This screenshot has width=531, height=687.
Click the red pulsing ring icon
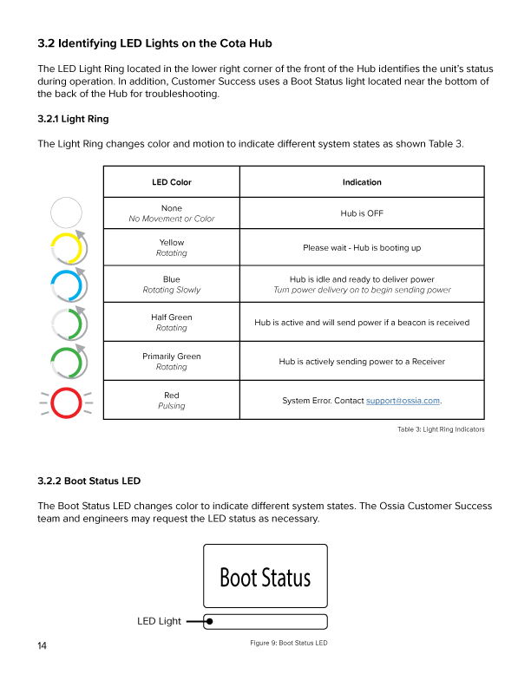[x=66, y=402]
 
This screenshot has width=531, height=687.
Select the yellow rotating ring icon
[x=67, y=248]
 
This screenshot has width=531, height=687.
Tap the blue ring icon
[x=67, y=285]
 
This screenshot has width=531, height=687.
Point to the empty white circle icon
[x=66, y=213]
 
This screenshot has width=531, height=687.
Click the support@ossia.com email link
[x=403, y=401]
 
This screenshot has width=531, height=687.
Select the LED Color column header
[x=172, y=182]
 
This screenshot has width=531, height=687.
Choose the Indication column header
[x=362, y=182]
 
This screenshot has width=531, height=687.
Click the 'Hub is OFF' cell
[x=362, y=213]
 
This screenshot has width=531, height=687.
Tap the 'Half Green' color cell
[x=172, y=323]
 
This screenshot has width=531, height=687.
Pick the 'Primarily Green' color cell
[x=172, y=361]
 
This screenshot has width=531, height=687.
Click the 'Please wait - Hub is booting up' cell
[x=362, y=248]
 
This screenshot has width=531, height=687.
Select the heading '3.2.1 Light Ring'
[x=73, y=118]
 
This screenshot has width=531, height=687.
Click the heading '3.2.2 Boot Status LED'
[x=88, y=481]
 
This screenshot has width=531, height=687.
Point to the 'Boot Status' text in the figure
[x=265, y=577]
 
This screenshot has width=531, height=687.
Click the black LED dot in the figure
[x=210, y=621]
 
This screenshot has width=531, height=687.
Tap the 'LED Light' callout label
[x=159, y=621]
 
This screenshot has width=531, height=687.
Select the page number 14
[x=43, y=646]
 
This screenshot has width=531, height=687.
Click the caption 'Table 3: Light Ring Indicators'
[x=441, y=429]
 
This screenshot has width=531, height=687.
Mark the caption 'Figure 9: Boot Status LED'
[x=288, y=643]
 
